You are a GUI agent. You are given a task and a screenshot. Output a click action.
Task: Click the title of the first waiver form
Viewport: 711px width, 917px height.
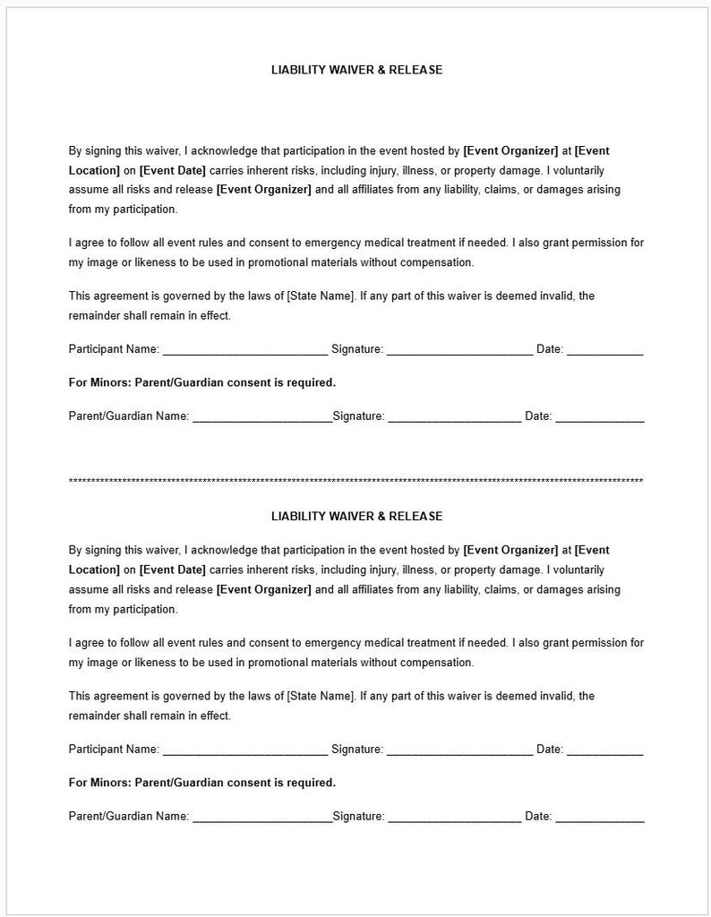coord(356,70)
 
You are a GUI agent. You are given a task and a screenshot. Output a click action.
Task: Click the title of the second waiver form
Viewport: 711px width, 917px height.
coord(356,517)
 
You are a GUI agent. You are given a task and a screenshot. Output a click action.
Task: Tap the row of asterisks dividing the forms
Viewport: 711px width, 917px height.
coord(356,482)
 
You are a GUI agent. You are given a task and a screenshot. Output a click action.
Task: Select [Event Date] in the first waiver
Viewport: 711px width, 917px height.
coord(173,170)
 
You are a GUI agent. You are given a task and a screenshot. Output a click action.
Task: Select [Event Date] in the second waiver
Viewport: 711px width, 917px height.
coord(173,570)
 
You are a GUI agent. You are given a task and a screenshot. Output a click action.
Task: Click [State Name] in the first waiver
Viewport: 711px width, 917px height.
coord(321,296)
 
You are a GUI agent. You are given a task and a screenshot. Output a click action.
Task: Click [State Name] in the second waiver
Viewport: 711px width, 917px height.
coord(321,696)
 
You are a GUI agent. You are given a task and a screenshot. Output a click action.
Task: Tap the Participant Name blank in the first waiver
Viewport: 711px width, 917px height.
coord(244,350)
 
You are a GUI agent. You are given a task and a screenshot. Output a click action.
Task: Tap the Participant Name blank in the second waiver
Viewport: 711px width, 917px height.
coord(244,750)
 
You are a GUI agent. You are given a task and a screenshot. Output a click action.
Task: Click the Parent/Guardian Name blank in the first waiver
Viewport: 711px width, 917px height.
coord(261,417)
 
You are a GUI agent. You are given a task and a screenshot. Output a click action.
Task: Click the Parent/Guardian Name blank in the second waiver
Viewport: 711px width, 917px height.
coord(261,817)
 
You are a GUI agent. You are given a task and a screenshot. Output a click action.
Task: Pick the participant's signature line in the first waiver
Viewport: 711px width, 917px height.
coord(459,350)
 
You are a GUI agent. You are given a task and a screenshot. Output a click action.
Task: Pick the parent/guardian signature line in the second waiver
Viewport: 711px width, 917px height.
coord(454,817)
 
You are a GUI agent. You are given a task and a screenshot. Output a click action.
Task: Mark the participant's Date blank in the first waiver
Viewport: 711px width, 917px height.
coord(604,350)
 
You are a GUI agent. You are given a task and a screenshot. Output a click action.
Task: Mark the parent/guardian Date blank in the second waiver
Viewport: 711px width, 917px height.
coord(599,817)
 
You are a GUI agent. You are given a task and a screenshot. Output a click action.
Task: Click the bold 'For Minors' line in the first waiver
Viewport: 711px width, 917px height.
coord(202,382)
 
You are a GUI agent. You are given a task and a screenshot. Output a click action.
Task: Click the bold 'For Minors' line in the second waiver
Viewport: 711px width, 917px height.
coord(202,783)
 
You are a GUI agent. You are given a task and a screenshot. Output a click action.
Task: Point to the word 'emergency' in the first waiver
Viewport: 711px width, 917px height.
coord(333,243)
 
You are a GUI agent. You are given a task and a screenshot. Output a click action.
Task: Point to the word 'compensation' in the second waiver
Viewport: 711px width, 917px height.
coord(437,663)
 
